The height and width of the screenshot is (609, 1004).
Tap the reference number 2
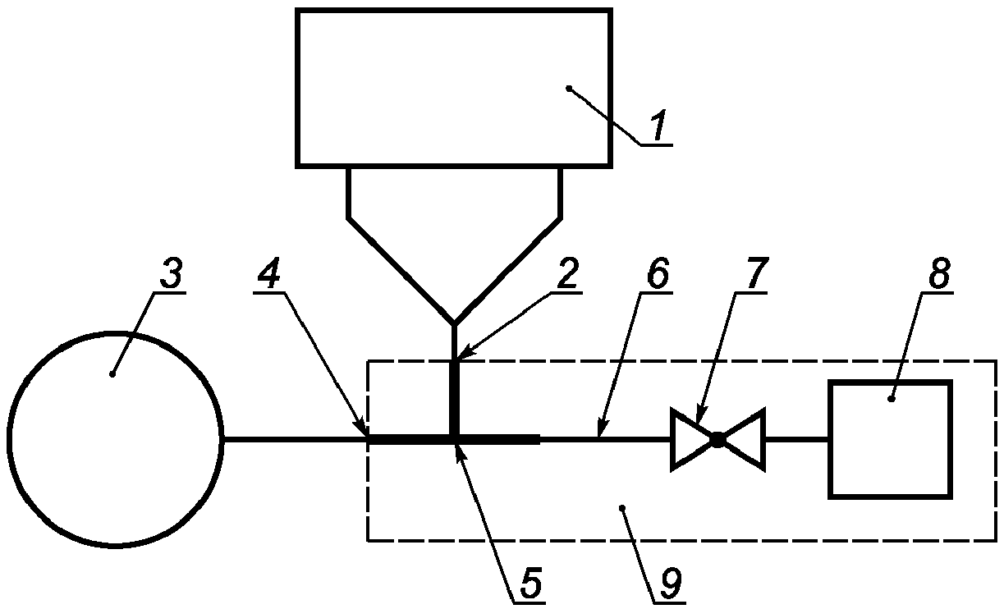coord(567,272)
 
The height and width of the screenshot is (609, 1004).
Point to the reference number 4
coord(269,272)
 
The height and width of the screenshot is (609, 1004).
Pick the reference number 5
coord(530,582)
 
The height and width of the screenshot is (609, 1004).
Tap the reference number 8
coord(938,272)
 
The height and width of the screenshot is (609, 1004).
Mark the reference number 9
coord(671,582)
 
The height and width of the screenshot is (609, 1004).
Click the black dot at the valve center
coord(717,440)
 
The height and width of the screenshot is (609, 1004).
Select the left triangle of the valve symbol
coord(693,439)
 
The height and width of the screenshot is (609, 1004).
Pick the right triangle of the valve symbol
coord(742,439)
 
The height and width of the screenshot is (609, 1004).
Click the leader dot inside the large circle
coord(112,373)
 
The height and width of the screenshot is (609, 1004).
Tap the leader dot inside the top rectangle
coord(569,89)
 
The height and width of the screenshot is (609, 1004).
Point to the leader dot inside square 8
coord(891,398)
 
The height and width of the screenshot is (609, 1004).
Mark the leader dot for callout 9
coord(621,508)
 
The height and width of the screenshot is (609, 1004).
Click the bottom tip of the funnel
coord(454,323)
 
